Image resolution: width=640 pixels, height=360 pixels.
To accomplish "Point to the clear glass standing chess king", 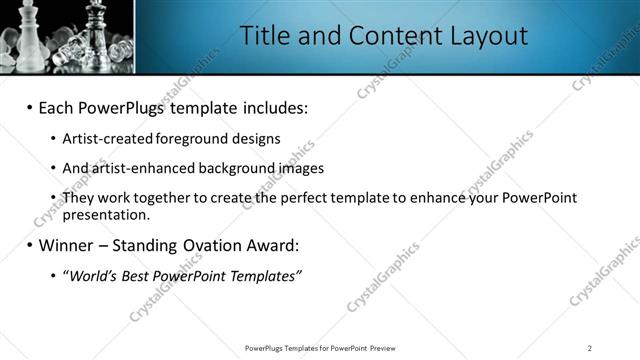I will click(96, 25).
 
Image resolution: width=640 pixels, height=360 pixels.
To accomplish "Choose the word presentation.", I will click(106, 214).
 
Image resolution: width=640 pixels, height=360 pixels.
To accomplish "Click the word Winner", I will click(69, 245).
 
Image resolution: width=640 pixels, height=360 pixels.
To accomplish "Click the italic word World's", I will click(92, 275).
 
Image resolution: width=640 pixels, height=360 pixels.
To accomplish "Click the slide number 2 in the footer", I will click(589, 348).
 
